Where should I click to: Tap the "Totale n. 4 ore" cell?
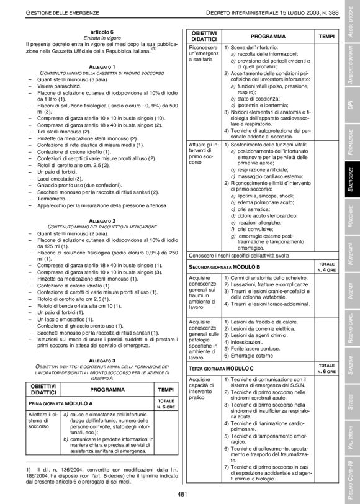click(x=326, y=266)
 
